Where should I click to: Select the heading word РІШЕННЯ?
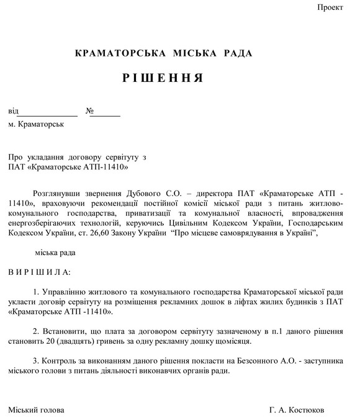pos(163,78)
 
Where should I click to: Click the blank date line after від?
pos(47,113)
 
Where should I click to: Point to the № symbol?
pos(90,112)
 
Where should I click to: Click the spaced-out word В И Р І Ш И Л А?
pos(39,272)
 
